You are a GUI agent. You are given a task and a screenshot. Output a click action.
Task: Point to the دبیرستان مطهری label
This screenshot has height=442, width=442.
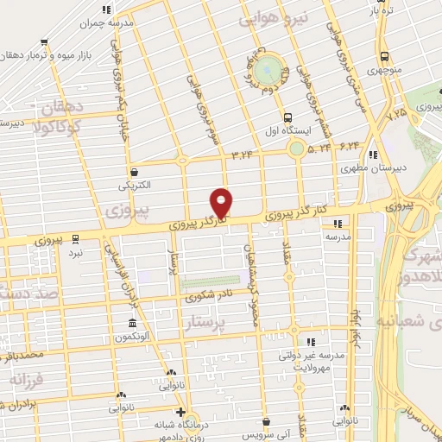pos(369,170)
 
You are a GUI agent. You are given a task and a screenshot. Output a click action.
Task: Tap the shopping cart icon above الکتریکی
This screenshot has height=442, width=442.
pos(134,171)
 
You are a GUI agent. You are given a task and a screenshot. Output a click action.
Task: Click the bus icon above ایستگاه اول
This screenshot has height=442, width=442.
pos(286,117)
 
